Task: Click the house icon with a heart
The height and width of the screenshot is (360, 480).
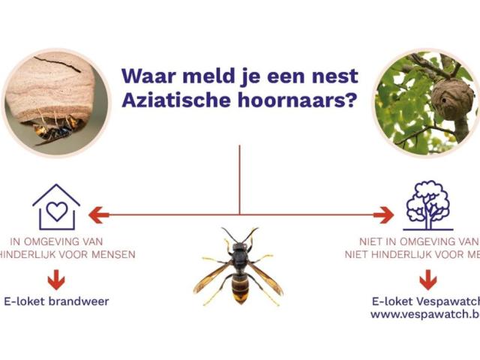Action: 56,207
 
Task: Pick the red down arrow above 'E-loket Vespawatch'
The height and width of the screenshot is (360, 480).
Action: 427,280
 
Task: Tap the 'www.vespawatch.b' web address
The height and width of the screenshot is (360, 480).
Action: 424,314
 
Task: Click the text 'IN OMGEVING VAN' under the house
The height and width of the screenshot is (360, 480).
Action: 57,241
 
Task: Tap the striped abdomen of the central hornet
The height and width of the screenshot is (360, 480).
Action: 239,288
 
